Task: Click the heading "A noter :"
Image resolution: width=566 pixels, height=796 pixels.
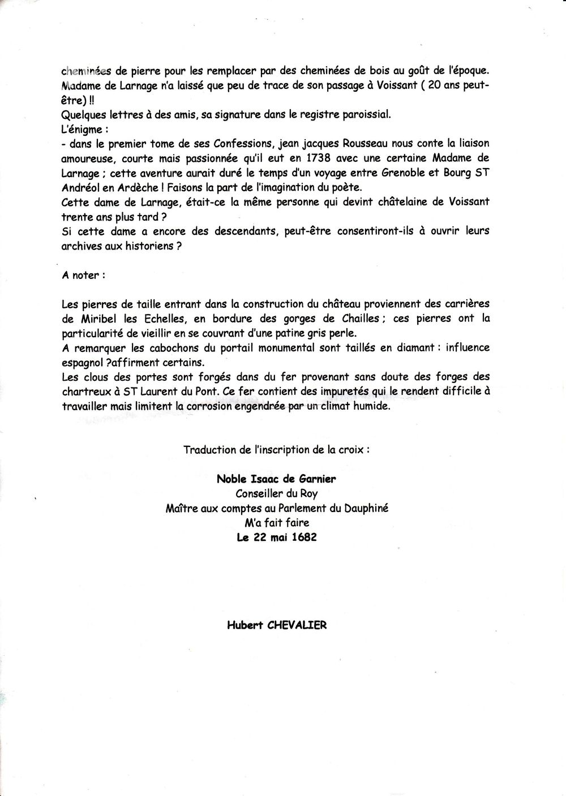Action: [x=83, y=276]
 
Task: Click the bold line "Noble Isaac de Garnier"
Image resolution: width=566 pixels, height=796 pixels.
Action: [x=277, y=479]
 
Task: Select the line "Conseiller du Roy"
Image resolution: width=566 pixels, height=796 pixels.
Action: [x=277, y=493]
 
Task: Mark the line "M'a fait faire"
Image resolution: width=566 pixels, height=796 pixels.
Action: [x=277, y=522]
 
